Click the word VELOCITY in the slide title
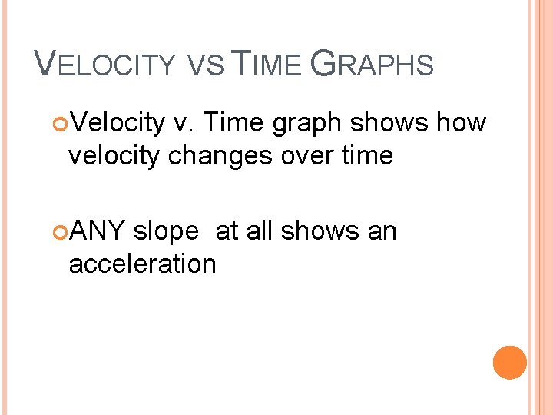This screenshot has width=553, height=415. point(106,65)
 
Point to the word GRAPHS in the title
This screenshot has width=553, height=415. point(372,65)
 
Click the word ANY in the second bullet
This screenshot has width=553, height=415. point(97,231)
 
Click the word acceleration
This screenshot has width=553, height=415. point(142,264)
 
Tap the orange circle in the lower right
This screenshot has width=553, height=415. point(510,362)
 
